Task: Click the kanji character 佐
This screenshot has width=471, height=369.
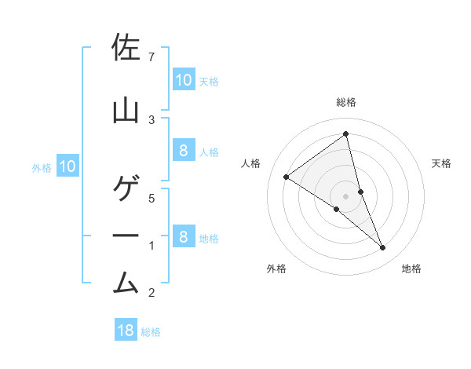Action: click(x=126, y=49)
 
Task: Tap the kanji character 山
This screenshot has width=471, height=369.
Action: click(x=126, y=111)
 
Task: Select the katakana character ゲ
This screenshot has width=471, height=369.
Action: click(x=126, y=189)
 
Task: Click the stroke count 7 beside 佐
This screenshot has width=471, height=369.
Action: click(x=152, y=57)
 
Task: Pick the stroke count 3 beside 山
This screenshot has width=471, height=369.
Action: click(x=152, y=119)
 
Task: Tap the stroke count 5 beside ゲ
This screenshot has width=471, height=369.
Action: click(x=152, y=198)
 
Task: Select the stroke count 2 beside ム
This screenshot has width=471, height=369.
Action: click(x=152, y=293)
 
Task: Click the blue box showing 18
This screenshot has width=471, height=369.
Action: click(x=126, y=331)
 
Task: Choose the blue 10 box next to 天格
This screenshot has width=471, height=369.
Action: click(x=183, y=79)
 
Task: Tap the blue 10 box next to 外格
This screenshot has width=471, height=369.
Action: click(x=68, y=166)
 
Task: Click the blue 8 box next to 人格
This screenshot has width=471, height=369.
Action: click(x=183, y=152)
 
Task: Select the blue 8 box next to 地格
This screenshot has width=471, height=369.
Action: click(x=183, y=237)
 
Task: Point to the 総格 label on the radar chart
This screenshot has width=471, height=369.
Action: click(x=346, y=102)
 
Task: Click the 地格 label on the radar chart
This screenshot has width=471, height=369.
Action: click(x=411, y=269)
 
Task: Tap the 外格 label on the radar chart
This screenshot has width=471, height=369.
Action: click(x=276, y=269)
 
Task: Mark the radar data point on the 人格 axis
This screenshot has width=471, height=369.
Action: click(x=286, y=177)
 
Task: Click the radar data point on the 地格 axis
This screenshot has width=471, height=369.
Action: click(x=383, y=248)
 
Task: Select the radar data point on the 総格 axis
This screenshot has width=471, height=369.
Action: click(x=346, y=134)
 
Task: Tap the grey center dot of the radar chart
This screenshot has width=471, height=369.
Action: click(x=346, y=196)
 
